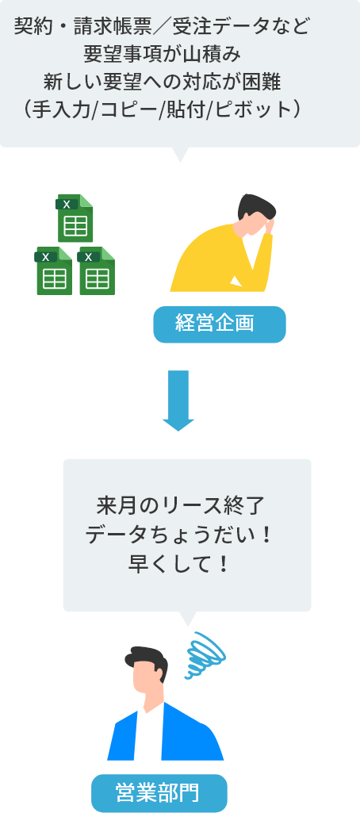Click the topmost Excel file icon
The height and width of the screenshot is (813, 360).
coord(75,218)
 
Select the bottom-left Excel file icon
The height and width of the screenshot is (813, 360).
coord(53,270)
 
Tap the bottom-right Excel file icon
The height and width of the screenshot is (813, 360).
coord(97,270)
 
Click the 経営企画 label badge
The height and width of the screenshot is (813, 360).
coord(220,324)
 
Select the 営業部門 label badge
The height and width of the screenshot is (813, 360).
coord(159,793)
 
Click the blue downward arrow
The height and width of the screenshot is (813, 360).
coord(178,401)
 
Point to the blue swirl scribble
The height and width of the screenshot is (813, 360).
coord(205,655)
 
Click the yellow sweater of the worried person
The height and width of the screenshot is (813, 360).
coord(220,259)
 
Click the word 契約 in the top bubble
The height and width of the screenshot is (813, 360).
coord(31,26)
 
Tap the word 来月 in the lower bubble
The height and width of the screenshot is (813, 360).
coord(113,505)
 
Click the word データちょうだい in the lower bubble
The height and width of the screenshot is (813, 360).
coord(169,535)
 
